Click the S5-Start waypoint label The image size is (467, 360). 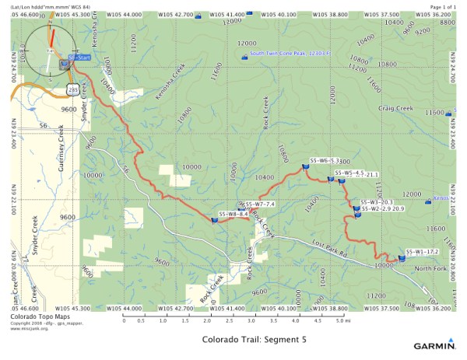80,58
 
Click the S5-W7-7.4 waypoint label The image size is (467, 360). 260,204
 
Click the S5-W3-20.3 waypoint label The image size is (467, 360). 377,202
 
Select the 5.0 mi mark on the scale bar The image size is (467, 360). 340,320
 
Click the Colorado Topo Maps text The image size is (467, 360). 33,316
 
